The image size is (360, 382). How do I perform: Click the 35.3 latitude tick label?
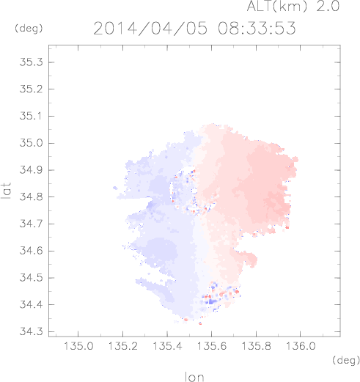tap(31, 62)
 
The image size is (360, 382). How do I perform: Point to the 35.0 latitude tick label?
tap(31, 143)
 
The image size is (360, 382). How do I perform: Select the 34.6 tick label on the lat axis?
tap(31, 251)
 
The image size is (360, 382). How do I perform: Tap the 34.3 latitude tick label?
tap(31, 331)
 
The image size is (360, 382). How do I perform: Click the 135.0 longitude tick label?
tap(78, 346)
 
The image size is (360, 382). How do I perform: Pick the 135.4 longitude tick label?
tap(167, 346)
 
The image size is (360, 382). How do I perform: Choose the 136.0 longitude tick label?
tap(301, 346)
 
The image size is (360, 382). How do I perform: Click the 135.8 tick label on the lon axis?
tap(256, 346)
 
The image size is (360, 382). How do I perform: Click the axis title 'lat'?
tap(7, 191)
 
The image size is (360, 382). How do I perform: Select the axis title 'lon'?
tap(194, 377)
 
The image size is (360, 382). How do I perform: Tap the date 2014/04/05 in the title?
tap(150, 29)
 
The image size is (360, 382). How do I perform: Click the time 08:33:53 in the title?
tap(257, 28)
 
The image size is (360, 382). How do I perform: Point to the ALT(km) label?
tap(276, 6)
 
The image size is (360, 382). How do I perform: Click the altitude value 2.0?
tap(328, 6)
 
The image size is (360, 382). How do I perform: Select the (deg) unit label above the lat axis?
tap(29, 29)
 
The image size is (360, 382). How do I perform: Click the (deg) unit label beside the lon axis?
tap(346, 360)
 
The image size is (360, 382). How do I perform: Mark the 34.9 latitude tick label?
tap(31, 170)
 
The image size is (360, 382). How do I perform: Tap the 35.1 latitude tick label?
tap(31, 116)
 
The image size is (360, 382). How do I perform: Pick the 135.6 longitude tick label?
tap(212, 346)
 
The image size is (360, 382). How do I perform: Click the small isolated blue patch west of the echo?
tap(115, 188)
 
